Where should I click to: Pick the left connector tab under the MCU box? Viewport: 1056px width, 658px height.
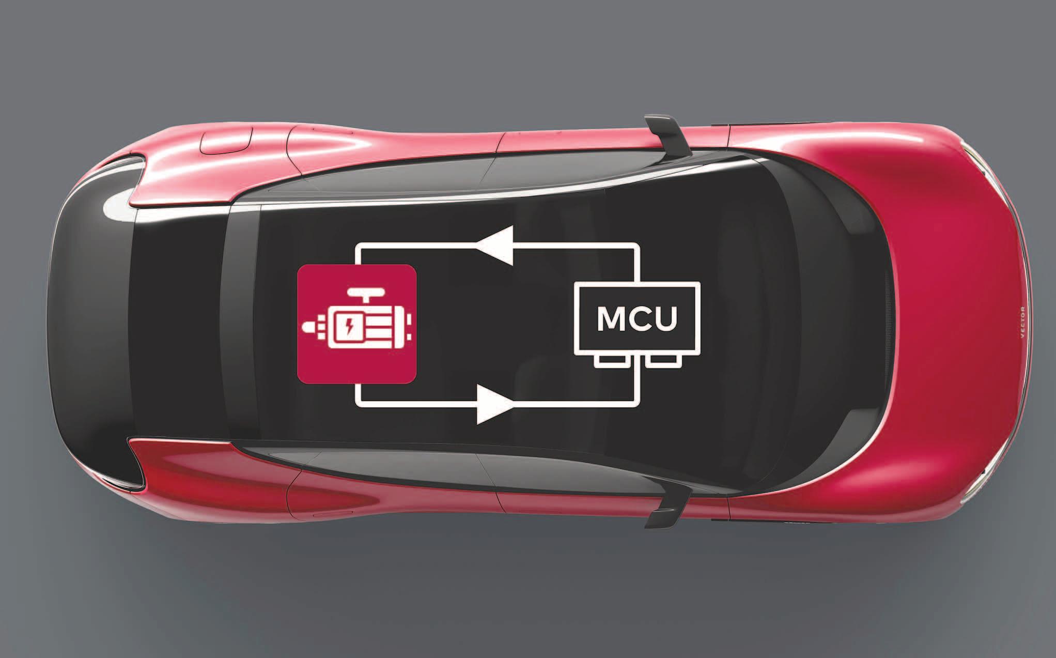pyautogui.click(x=610, y=361)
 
